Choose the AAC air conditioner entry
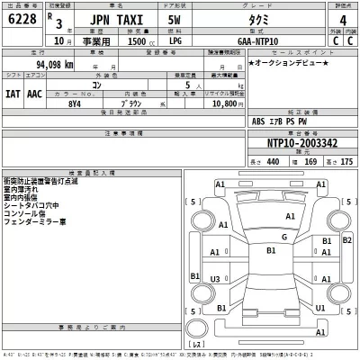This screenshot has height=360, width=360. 36,91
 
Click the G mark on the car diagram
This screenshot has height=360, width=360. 283,237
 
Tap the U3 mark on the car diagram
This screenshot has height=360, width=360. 215,280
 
